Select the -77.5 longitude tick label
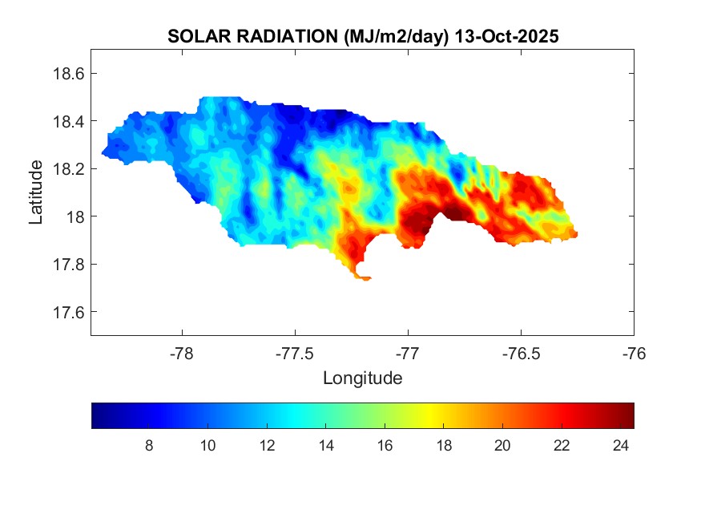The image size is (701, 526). tap(295, 353)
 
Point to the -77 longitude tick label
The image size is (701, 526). tap(408, 353)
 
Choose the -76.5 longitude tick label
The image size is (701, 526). tap(521, 353)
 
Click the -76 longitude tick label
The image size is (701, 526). tap(634, 353)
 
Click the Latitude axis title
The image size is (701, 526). tap(36, 192)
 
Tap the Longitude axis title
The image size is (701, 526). tap(362, 378)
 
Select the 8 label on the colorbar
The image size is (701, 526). tap(149, 447)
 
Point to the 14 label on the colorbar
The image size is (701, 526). tap(325, 447)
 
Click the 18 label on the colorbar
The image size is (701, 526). tap(444, 447)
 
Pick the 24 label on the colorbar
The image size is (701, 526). tap(620, 447)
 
